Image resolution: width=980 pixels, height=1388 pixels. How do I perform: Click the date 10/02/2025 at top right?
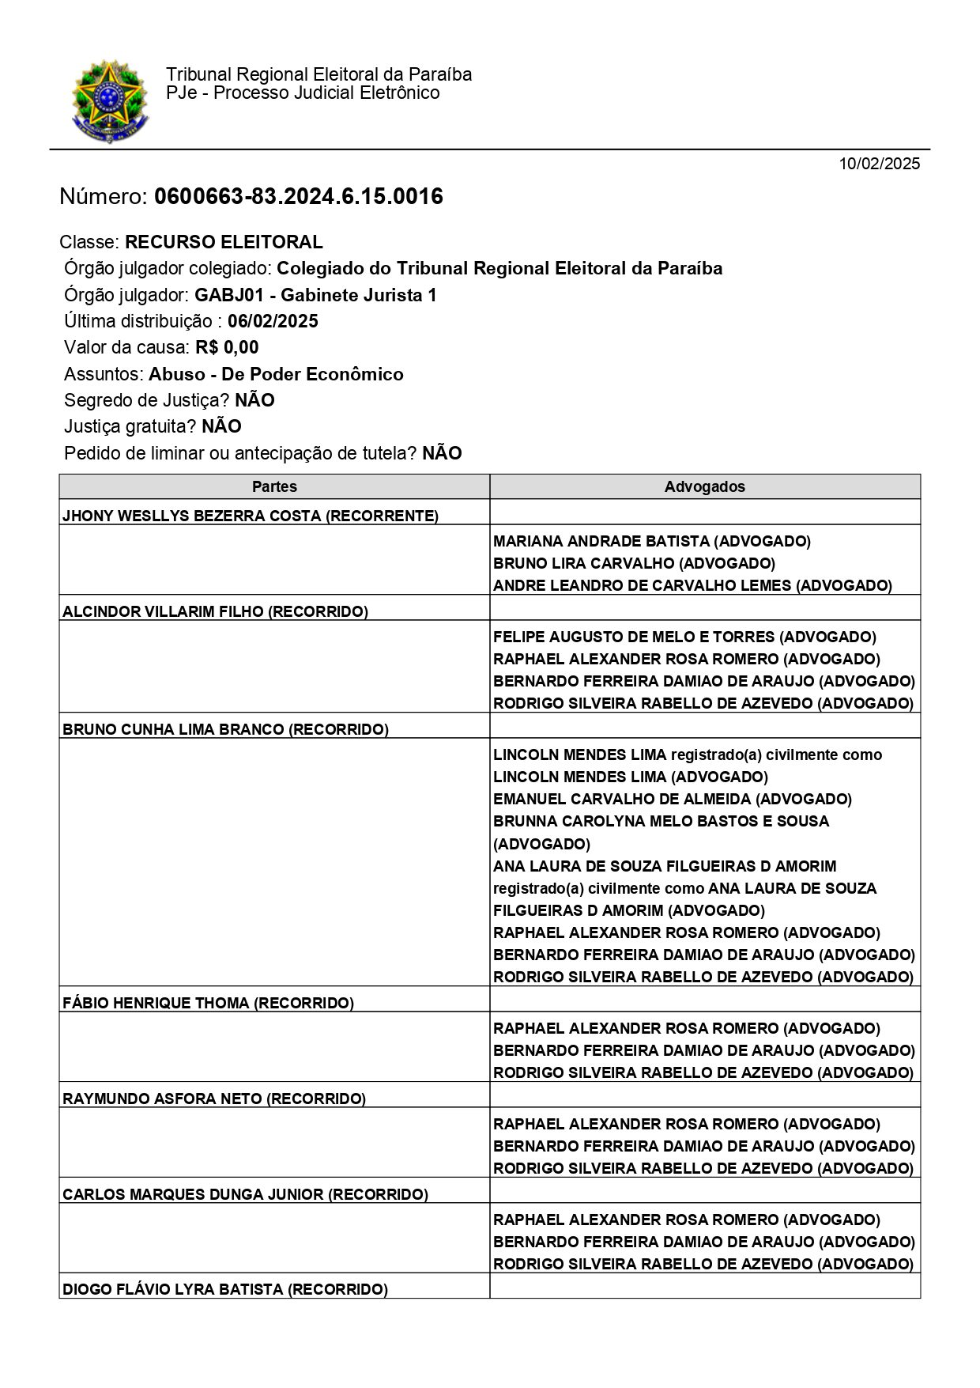click(x=880, y=164)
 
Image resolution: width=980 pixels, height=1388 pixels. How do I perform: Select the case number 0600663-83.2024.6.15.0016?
click(x=298, y=196)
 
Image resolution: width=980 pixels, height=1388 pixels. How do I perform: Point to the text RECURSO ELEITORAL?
click(x=224, y=242)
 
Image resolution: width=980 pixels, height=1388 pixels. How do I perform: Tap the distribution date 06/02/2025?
click(x=273, y=321)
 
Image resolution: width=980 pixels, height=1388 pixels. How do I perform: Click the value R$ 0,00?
click(x=227, y=347)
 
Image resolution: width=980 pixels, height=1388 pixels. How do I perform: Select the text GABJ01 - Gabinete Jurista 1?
click(x=315, y=295)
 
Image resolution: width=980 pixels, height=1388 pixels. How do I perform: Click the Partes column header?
click(x=274, y=486)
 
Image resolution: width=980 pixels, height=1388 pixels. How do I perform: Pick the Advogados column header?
click(x=704, y=486)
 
